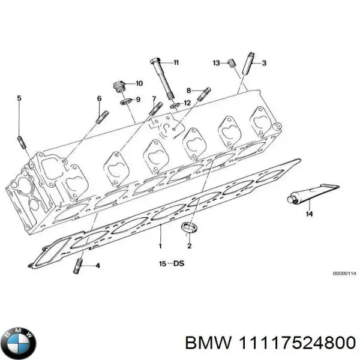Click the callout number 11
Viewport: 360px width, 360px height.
click(176, 62)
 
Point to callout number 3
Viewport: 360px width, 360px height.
click(264, 62)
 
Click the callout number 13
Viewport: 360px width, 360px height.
click(216, 62)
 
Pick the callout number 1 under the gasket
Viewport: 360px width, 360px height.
click(160, 246)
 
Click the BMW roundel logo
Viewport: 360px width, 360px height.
click(19, 342)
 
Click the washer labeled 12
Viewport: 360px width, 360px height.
click(175, 105)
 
